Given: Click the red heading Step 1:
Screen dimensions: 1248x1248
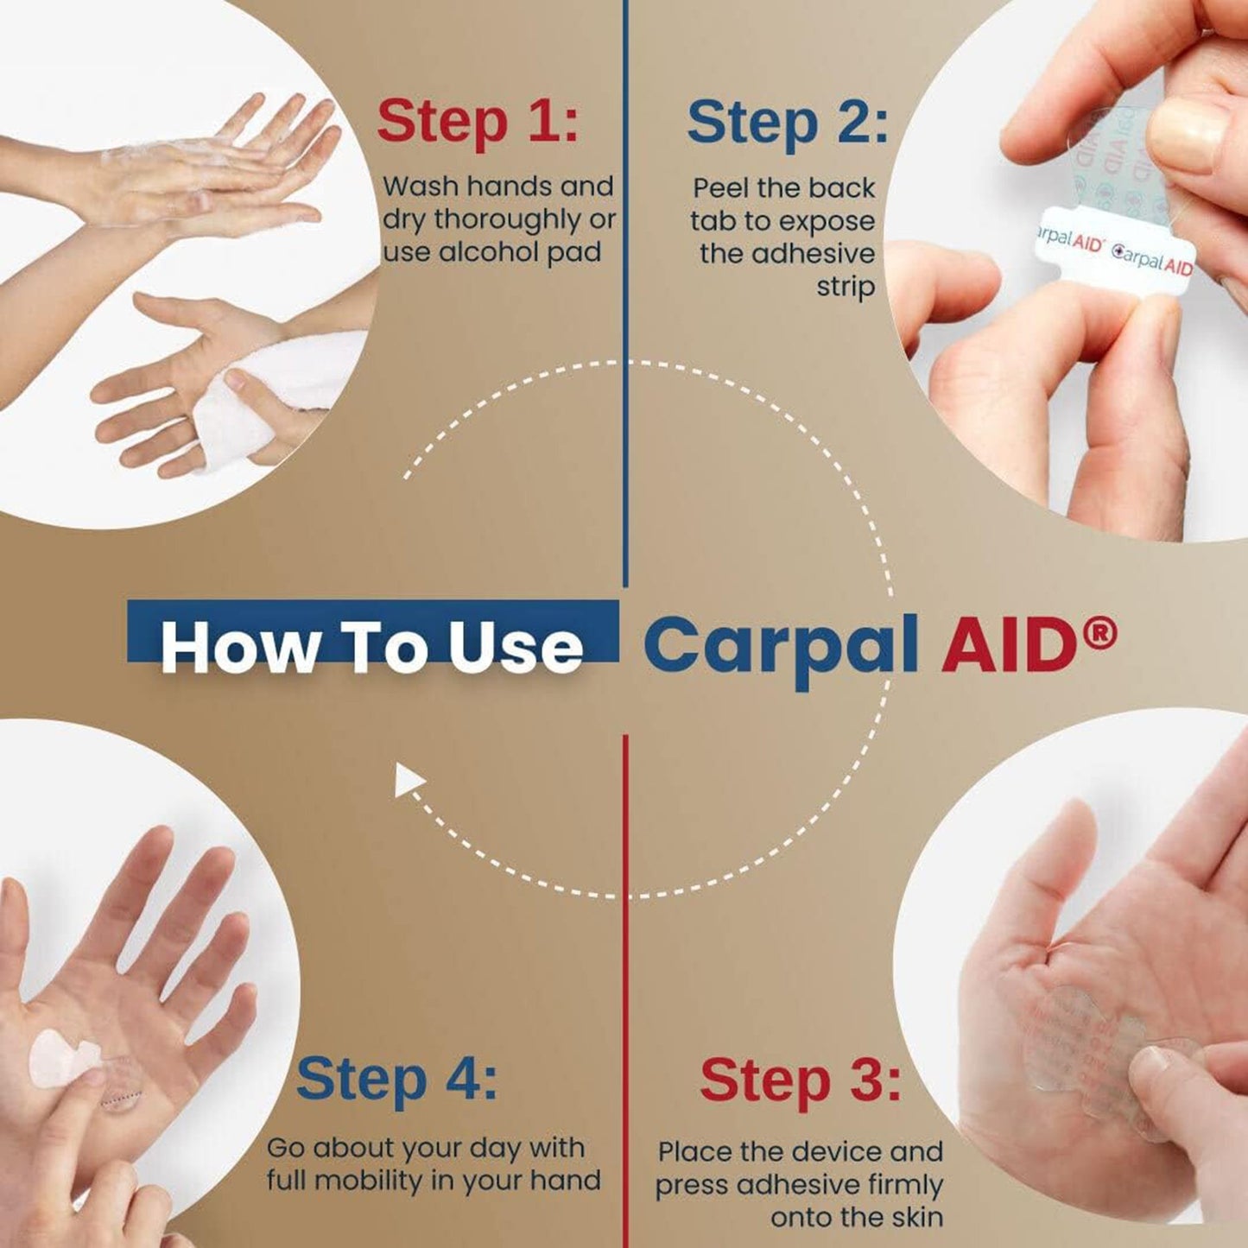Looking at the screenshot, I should pyautogui.click(x=477, y=121).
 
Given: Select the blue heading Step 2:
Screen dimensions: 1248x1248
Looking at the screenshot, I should pyautogui.click(x=787, y=123).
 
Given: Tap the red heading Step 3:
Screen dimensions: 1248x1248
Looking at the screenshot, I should pyautogui.click(x=799, y=1080).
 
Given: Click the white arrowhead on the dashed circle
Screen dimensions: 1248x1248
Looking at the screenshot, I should pyautogui.click(x=409, y=782).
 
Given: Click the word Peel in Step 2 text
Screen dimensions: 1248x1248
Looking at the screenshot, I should pyautogui.click(x=722, y=188).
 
